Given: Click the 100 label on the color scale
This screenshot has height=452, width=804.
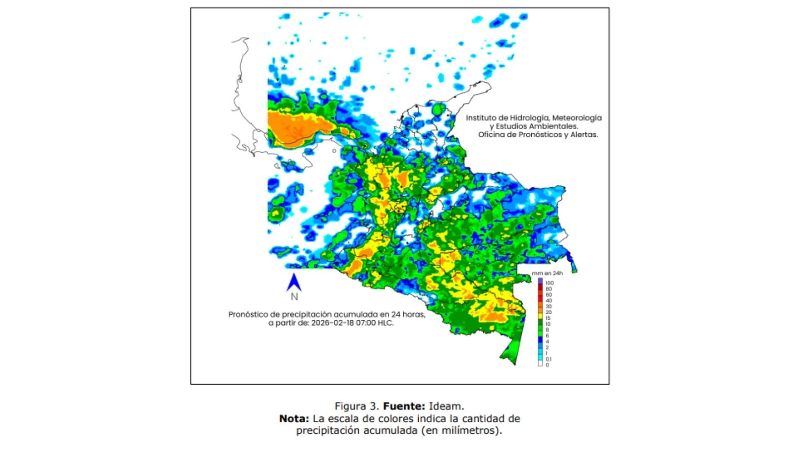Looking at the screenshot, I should tap(549, 283).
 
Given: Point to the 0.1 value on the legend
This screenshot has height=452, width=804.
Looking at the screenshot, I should tap(549, 359).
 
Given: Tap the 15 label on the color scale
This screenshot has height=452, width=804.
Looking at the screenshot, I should tap(548, 318).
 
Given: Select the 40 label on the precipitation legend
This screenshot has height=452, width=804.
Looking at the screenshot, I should tap(549, 300).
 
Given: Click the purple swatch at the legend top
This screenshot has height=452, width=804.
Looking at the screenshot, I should tap(540, 280).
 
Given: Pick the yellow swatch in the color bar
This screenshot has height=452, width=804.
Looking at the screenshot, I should tap(540, 318).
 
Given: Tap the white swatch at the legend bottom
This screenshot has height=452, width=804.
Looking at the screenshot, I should tap(540, 364).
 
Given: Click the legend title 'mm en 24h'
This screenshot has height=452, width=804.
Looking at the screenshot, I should tap(547, 273).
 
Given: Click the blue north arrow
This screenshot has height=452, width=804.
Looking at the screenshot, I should tap(294, 282).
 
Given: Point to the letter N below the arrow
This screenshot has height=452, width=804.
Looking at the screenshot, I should tap(294, 297).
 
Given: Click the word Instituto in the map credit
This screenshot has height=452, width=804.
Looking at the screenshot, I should tap(481, 118).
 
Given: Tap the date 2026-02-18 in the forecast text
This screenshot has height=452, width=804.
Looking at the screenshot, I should tap(332, 323).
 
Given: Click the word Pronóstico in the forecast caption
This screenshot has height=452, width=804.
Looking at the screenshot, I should tap(248, 314).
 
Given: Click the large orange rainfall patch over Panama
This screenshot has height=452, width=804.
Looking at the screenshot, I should tap(293, 128).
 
